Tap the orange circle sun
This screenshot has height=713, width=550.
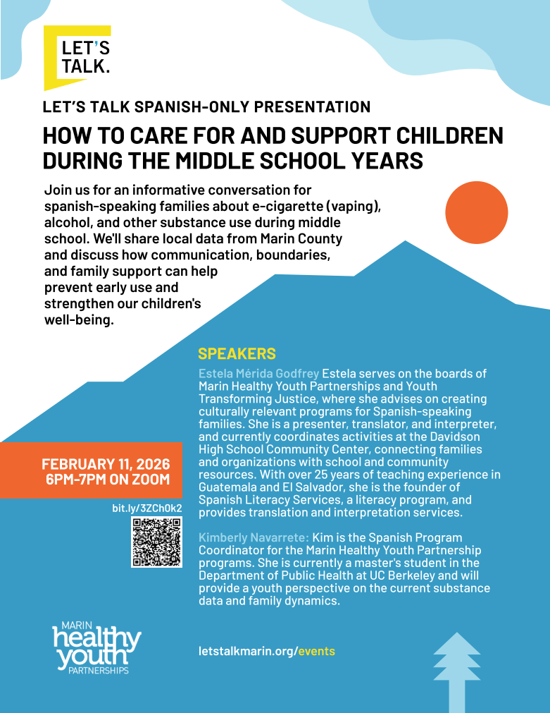coord(477,212)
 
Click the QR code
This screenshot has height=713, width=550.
coord(156,542)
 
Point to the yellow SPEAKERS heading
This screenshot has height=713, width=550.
coord(237,354)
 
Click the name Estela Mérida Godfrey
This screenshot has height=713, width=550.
coord(258,373)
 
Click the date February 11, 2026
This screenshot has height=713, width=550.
coord(106,465)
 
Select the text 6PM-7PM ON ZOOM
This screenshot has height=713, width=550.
coord(107,480)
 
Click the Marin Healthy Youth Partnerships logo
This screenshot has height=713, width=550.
coord(97,647)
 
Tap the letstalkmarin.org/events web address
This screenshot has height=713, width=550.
coord(267,651)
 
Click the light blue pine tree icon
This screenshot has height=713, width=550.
coord(456,671)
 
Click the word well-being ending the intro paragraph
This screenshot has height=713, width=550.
coord(78,320)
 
